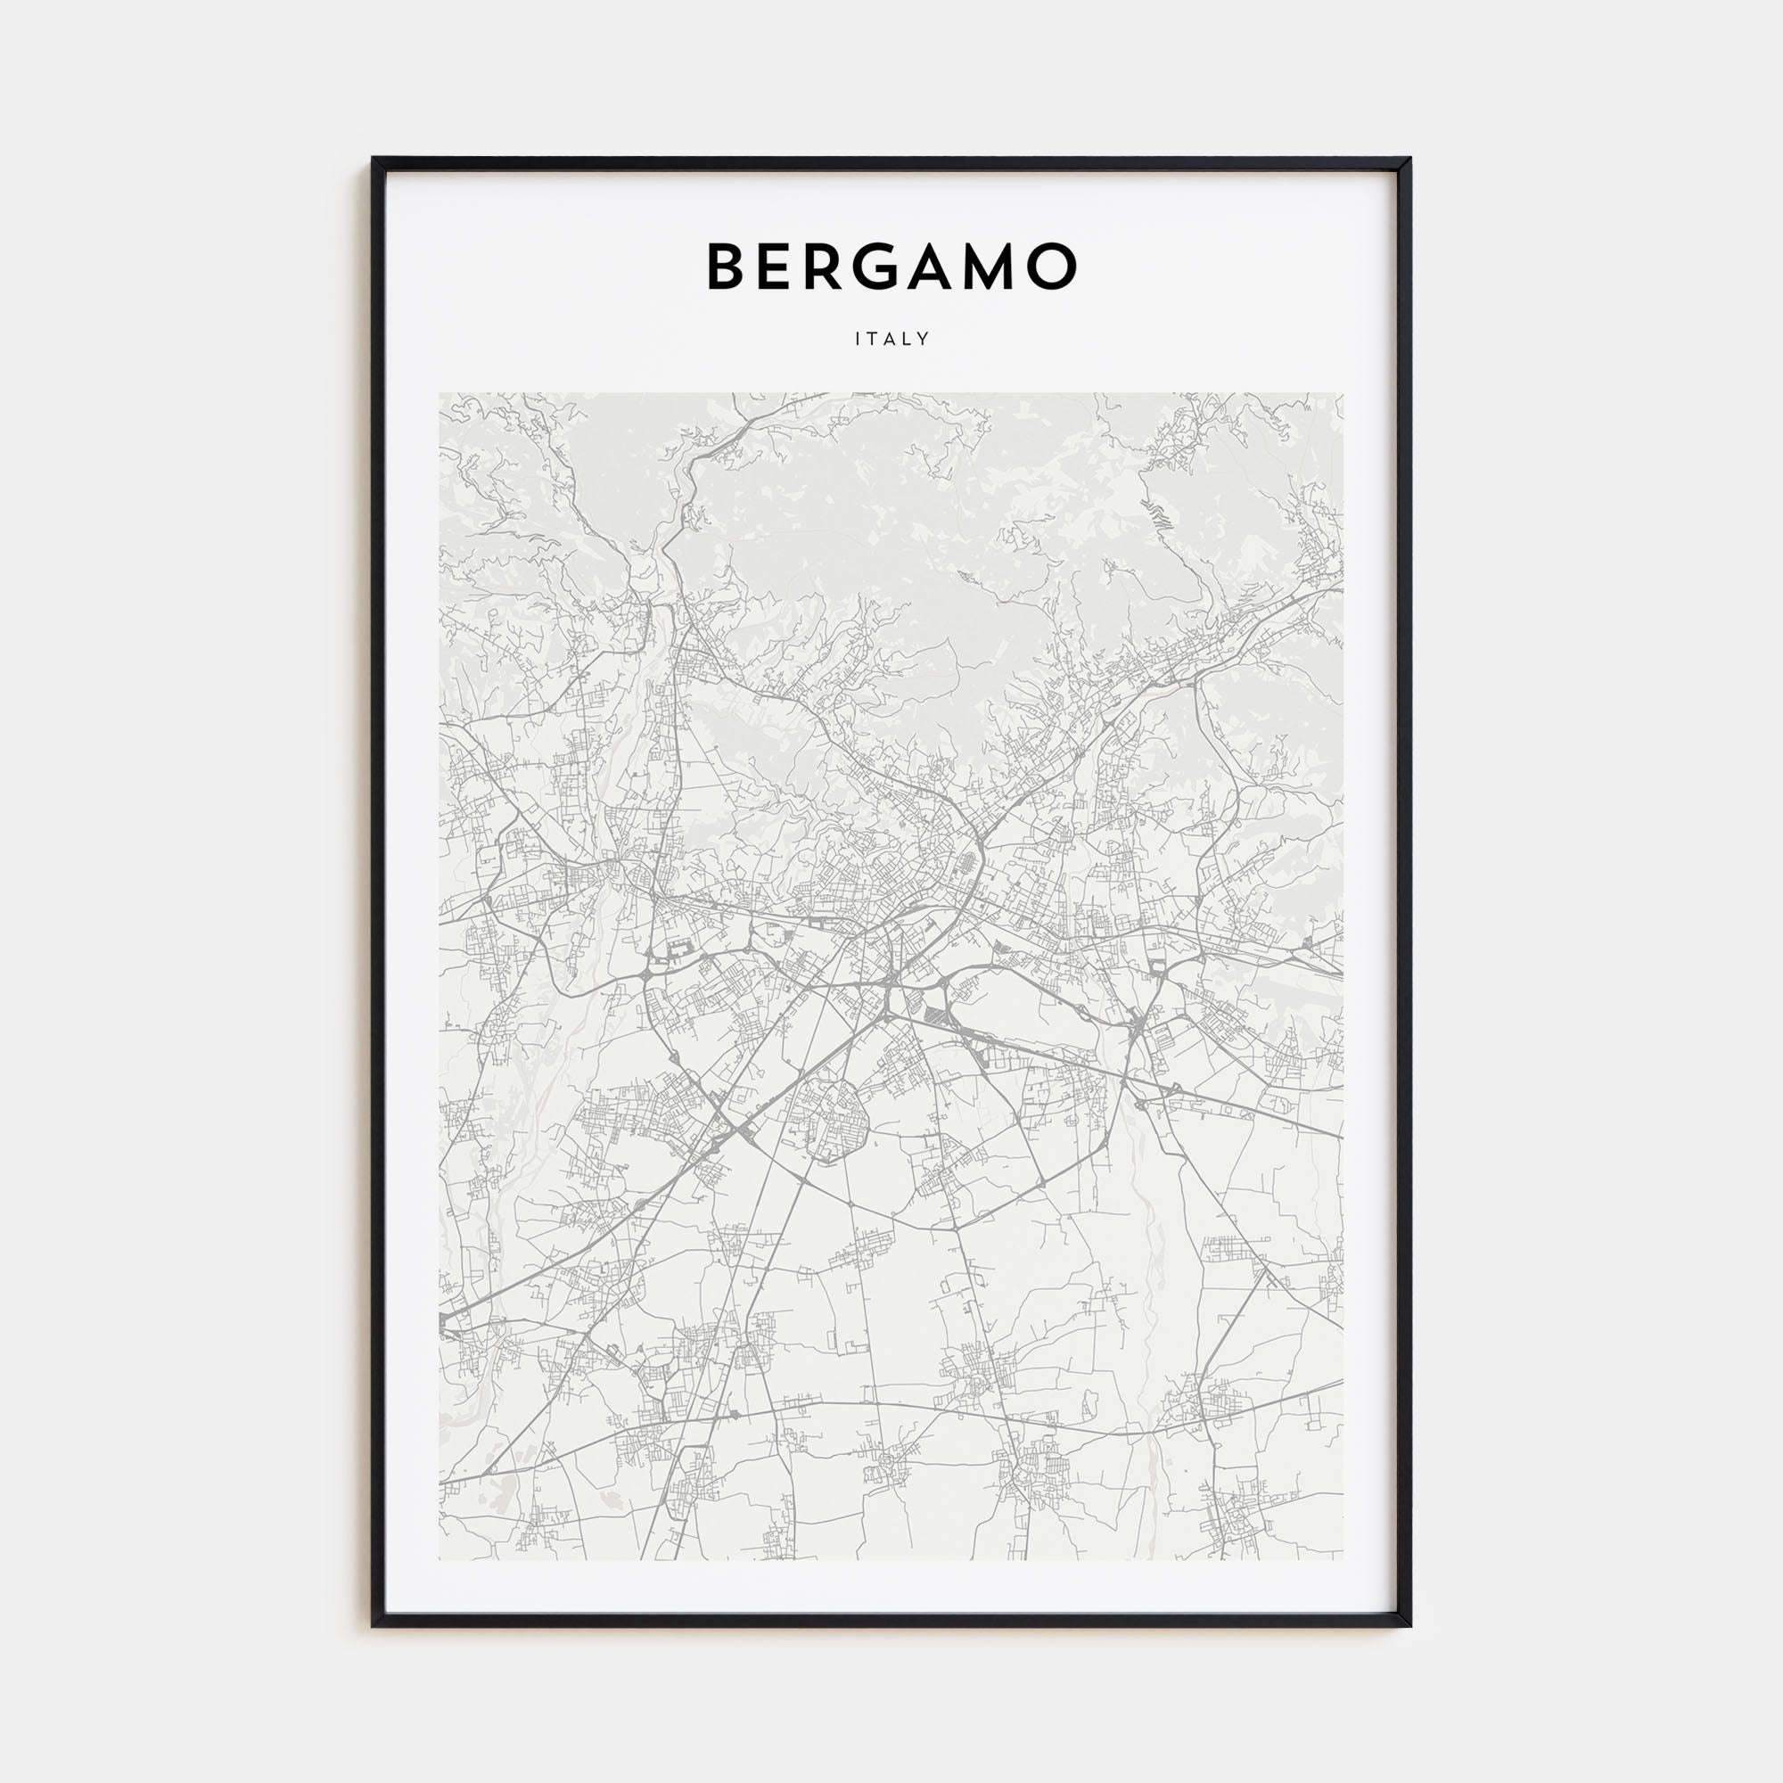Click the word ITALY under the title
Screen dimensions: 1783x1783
click(891, 339)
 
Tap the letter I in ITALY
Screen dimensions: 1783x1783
click(859, 339)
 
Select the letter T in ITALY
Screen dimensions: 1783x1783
click(873, 339)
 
